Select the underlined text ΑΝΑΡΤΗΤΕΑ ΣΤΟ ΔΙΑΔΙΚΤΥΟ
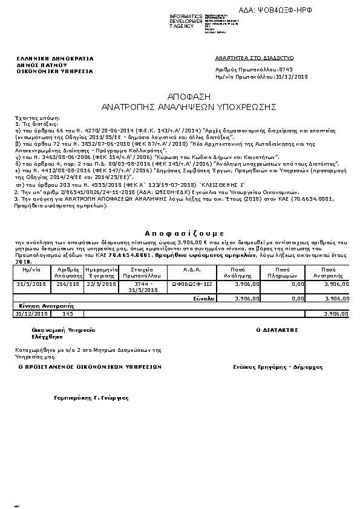coord(254,57)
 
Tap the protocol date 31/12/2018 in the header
coord(292,77)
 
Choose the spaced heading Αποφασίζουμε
coord(185,232)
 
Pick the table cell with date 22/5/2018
coord(100,284)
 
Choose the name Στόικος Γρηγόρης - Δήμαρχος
coord(278,367)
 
